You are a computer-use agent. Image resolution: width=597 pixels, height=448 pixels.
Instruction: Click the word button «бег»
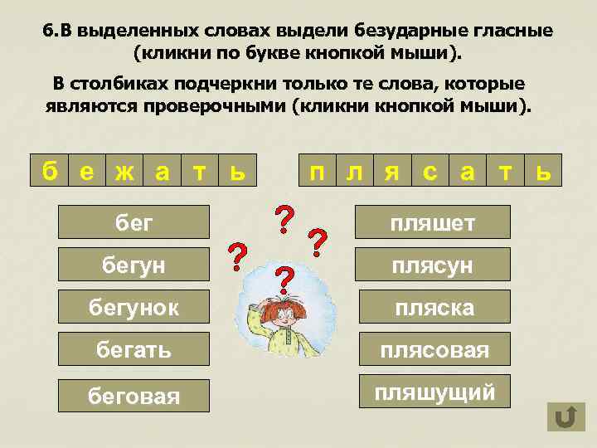(x=134, y=222)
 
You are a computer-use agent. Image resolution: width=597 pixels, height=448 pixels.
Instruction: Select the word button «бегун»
(x=134, y=265)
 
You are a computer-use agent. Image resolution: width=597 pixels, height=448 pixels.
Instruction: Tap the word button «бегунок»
(x=134, y=307)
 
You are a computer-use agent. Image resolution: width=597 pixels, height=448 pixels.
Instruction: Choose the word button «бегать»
(x=134, y=349)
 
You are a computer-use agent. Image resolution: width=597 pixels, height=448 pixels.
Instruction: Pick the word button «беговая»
(x=134, y=395)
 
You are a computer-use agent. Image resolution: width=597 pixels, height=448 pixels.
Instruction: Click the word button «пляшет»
(x=434, y=222)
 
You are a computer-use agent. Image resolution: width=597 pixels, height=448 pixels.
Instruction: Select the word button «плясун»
(x=434, y=265)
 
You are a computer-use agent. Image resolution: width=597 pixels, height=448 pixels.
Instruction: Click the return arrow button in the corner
(x=565, y=416)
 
